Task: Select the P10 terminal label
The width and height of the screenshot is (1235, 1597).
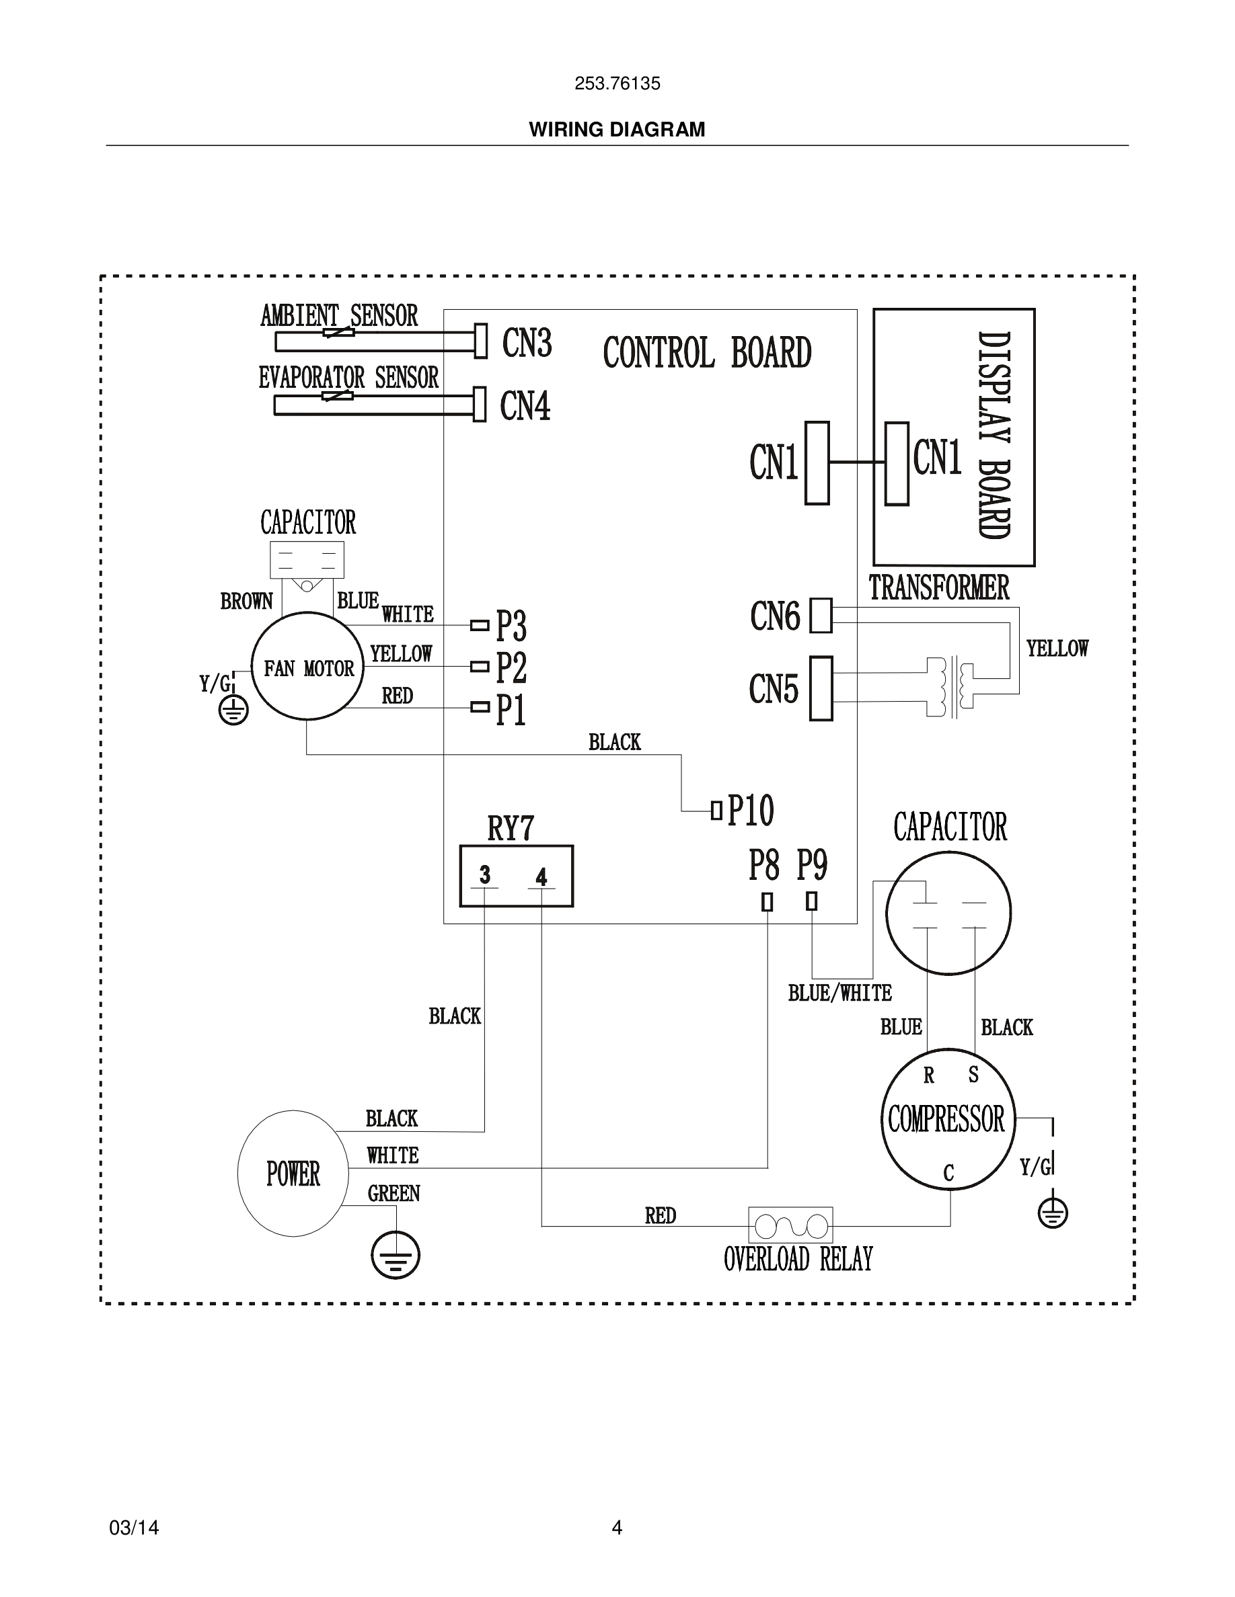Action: [x=750, y=810]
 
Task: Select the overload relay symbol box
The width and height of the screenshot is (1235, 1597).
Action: [x=790, y=1225]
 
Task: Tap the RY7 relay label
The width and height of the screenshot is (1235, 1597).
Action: [x=511, y=829]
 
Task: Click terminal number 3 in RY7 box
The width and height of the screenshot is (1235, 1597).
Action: [x=484, y=874]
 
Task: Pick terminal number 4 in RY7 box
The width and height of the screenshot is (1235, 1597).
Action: [x=541, y=876]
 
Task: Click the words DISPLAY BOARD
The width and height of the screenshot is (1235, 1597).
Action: [x=994, y=436]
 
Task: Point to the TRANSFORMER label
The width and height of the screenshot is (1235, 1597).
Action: [x=938, y=587]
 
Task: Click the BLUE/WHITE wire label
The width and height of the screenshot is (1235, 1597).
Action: [x=840, y=993]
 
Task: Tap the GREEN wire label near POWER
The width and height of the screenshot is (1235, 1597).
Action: [x=394, y=1193]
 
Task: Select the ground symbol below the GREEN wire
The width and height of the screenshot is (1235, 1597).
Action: [x=395, y=1255]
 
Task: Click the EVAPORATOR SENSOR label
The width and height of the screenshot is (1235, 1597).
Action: [x=348, y=377]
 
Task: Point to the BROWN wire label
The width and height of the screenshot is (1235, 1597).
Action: [x=247, y=601]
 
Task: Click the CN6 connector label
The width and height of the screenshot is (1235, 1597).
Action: [x=775, y=616]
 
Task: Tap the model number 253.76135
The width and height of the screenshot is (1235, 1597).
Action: [x=617, y=83]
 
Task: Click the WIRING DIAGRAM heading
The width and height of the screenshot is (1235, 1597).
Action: [x=617, y=130]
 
